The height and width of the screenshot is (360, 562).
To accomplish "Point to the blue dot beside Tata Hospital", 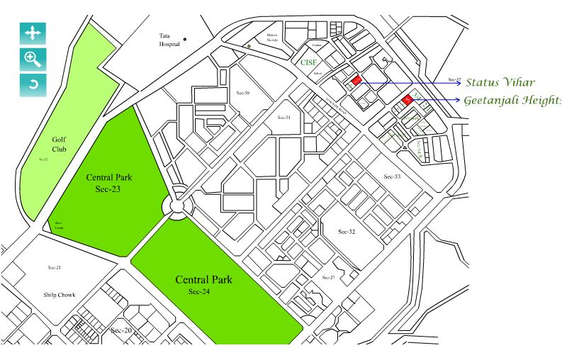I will pos(185,39).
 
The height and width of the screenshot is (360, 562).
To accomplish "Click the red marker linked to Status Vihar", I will pos(356,80).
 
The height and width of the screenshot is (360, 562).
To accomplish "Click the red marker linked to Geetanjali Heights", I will pos(408,101).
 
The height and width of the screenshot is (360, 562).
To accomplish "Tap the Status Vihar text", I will pos(500,83).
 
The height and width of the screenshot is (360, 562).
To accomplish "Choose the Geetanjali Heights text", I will pos(512,101).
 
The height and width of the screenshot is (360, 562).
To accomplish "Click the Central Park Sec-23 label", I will pos(109,182).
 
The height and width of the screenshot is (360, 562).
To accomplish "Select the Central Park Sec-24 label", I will pos(203,284).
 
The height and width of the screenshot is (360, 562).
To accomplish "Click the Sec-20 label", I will pos(121,330).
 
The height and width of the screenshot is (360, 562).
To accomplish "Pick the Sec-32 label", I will pos(347,232).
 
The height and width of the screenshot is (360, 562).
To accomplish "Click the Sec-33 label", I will pos(392,176).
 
